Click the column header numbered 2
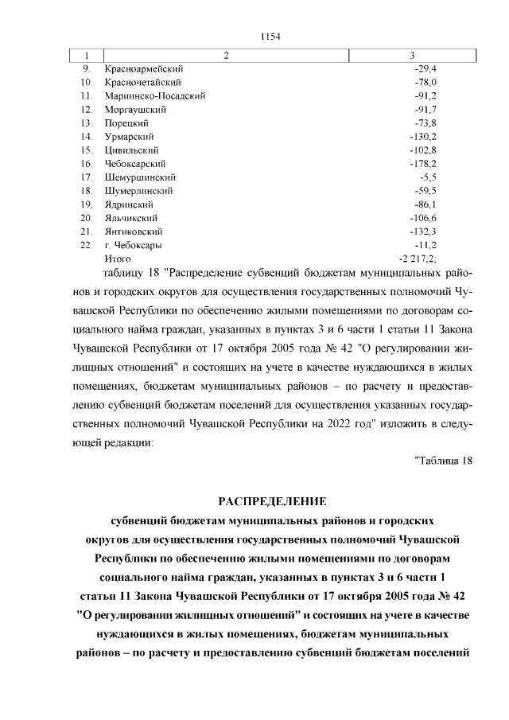[227, 55]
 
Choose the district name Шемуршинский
[139, 177]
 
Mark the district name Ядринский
[128, 204]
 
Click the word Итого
[118, 259]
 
